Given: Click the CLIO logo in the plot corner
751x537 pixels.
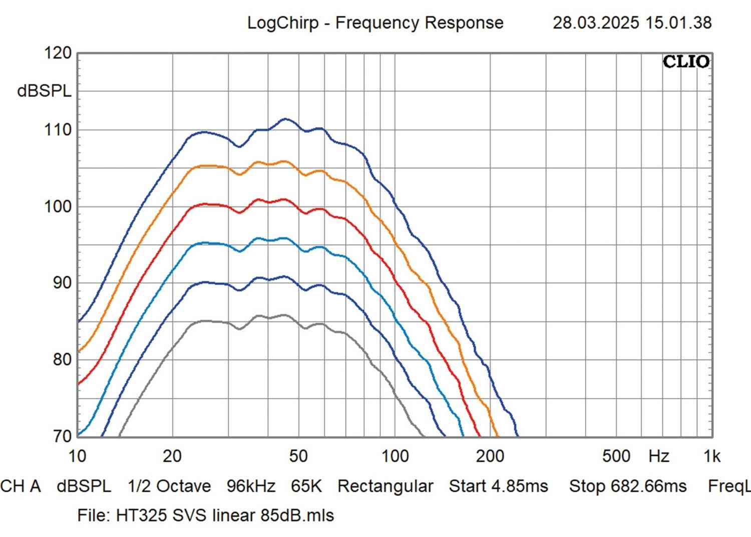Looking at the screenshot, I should [x=686, y=62].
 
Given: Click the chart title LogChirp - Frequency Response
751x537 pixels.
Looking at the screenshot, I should [x=375, y=23].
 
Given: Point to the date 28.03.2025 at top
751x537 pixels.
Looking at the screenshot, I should [x=596, y=23].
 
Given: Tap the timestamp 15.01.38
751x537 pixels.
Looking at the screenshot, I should [x=678, y=23].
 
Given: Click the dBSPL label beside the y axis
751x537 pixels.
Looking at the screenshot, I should [x=44, y=91].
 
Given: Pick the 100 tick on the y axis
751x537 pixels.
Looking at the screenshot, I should [x=59, y=206].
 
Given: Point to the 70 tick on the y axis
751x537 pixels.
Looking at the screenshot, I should [x=62, y=436].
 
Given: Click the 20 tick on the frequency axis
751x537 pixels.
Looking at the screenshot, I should [x=172, y=456].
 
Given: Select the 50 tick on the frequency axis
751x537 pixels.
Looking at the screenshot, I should [x=298, y=456].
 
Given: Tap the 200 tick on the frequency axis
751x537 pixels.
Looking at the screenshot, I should [x=490, y=456].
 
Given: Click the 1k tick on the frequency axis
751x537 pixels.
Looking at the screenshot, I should [x=711, y=456].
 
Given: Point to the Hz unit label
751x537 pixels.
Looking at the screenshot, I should [x=658, y=456].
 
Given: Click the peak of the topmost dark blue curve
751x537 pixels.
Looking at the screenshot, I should [x=285, y=119].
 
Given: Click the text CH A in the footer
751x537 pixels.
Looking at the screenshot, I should [x=21, y=486].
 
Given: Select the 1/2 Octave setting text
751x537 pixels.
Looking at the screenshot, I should [x=169, y=486].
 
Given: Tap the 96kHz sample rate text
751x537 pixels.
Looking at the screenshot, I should [x=251, y=486].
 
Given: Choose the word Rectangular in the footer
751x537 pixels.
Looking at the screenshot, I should [x=385, y=486].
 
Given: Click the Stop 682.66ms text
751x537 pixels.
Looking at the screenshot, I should [x=628, y=486].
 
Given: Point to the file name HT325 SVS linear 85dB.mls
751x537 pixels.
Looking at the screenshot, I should [x=225, y=515].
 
